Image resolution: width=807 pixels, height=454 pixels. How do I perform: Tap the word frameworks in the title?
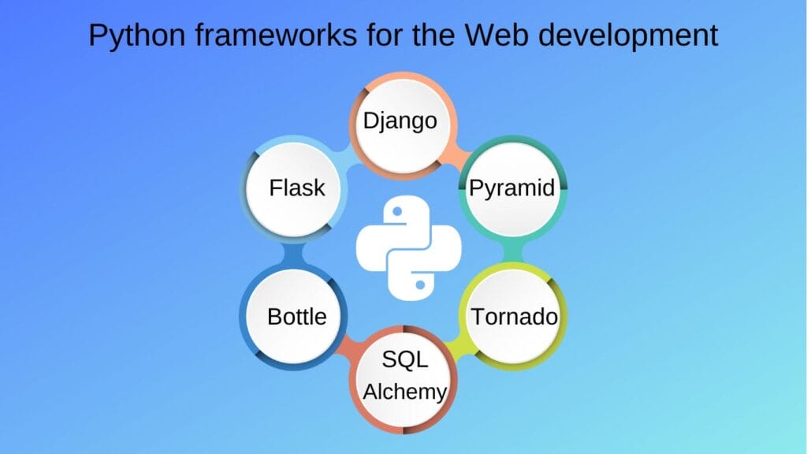276,35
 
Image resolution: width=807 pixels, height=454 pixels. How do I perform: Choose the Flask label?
297,188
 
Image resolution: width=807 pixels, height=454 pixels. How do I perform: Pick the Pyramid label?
512,188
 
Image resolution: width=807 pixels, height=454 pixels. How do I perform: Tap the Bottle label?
297,317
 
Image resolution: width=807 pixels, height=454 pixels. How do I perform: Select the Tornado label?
514,317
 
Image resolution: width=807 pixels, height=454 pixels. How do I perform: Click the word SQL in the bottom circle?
404,359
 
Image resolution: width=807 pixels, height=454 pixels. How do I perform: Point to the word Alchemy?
404,393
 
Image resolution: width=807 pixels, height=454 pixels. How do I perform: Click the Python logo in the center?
409,247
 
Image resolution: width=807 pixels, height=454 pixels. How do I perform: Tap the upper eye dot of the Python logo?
397,211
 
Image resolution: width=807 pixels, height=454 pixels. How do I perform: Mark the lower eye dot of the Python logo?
421,284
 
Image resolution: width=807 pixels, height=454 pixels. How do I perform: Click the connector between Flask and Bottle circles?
293,253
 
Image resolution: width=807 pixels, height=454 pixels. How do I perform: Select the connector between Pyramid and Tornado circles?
513,253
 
